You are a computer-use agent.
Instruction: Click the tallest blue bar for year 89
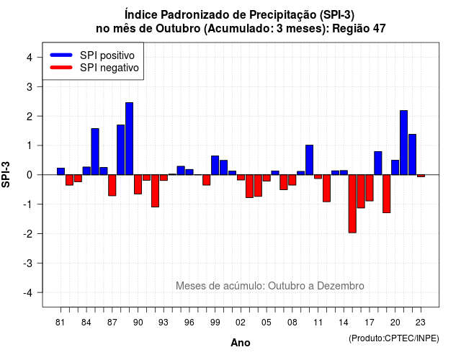130,139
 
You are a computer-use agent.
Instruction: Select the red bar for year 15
352,204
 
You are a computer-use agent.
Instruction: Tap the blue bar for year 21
403,143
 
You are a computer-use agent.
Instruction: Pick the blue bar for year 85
95,152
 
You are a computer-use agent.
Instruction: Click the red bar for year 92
155,191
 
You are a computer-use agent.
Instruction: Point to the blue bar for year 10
309,160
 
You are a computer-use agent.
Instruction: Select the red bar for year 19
387,194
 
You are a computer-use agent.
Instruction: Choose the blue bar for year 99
215,165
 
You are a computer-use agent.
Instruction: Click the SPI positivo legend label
107,55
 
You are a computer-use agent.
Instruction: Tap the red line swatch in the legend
61,68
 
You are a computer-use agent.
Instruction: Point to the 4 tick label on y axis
30,58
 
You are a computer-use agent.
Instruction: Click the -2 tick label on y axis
28,233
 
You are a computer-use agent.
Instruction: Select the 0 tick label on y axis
30,175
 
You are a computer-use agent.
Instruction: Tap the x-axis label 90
138,323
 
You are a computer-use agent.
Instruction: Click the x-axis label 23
421,323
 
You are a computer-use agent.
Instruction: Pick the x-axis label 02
241,323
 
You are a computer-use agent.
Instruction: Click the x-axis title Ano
241,343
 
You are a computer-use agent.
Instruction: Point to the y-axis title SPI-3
6,174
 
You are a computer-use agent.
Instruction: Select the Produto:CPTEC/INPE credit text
394,338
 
